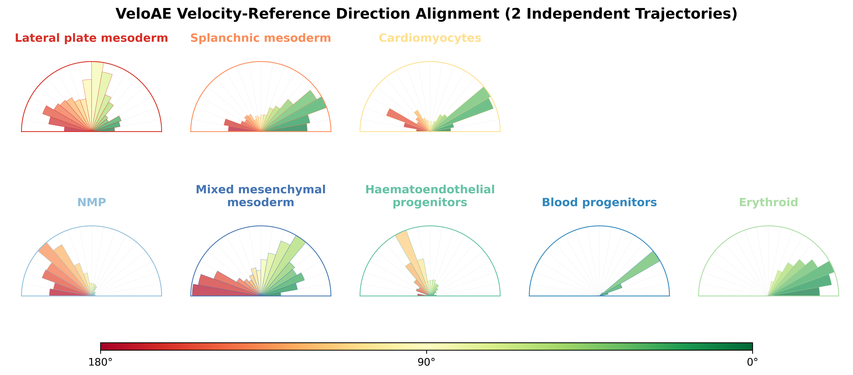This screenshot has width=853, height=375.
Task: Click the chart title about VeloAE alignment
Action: [427, 14]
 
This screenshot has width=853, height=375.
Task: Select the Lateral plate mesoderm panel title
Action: [91, 38]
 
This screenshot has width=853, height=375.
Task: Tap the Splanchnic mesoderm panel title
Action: [261, 38]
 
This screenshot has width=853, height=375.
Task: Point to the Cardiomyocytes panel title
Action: [430, 38]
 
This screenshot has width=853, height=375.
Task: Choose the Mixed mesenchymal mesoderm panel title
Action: [261, 196]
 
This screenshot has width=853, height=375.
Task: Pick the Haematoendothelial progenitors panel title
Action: [430, 196]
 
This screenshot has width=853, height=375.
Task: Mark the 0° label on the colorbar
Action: [752, 362]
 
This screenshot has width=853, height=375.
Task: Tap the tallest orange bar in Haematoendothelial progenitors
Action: [411, 255]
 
